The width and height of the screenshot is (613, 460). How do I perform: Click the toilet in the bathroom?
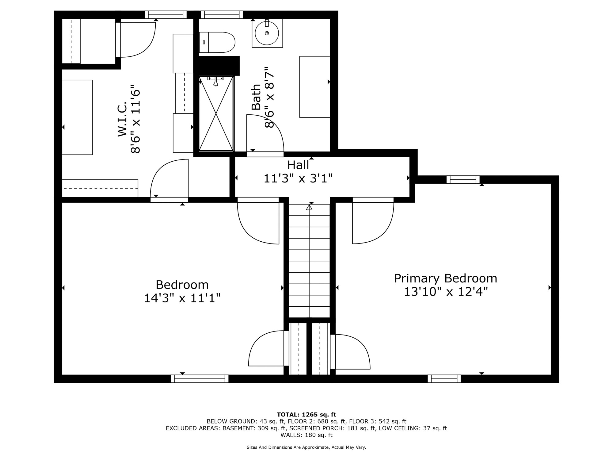[x=217, y=42]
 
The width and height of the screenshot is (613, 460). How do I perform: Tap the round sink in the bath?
[x=267, y=33]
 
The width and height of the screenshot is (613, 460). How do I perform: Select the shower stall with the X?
[x=216, y=113]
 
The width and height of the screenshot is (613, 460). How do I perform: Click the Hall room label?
[x=298, y=165]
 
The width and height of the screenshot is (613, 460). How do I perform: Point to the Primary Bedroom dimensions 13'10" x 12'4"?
[x=446, y=292]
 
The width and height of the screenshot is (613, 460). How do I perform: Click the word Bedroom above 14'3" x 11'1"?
[x=182, y=285]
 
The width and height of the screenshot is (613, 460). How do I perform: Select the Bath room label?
[x=256, y=97]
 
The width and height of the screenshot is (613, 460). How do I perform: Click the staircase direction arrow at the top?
[x=309, y=207]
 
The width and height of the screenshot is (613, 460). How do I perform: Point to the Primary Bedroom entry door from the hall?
[x=373, y=220]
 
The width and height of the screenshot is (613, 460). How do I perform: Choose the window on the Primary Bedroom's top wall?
[x=463, y=179]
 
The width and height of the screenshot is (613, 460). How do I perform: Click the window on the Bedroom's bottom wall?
[x=200, y=379]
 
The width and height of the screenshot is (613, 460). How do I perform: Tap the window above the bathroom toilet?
[x=222, y=15]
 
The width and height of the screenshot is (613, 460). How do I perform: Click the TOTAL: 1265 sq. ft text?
[x=306, y=415]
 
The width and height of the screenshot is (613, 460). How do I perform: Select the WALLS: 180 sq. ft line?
[x=306, y=435]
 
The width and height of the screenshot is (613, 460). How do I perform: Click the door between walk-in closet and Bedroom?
[x=169, y=181]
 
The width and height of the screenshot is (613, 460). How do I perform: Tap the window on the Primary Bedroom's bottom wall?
[x=444, y=379]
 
